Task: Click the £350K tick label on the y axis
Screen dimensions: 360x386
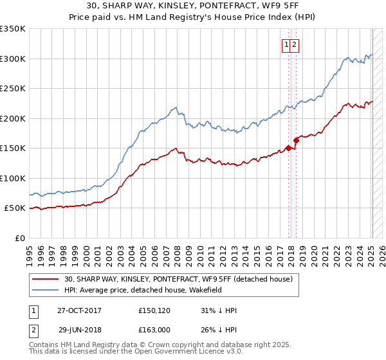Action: coord(13,29)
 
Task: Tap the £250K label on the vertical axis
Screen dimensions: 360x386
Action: coord(13,89)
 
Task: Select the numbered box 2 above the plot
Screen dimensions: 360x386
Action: coord(294,44)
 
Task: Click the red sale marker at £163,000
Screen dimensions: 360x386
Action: coord(297,140)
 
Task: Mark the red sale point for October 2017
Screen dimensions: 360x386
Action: coord(289,148)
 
